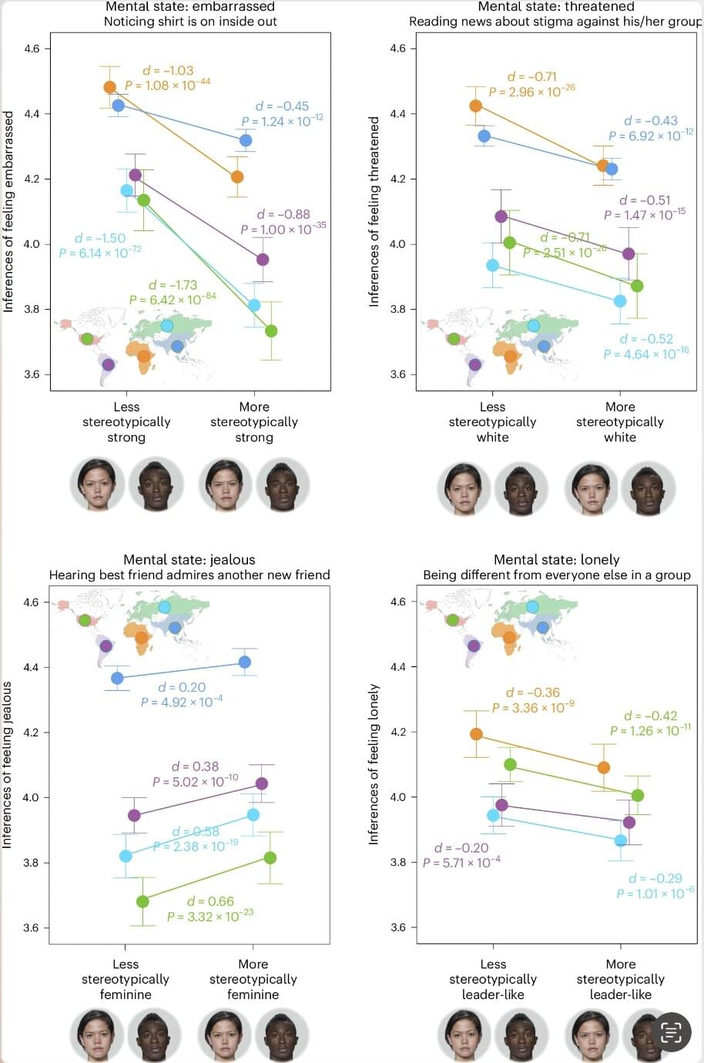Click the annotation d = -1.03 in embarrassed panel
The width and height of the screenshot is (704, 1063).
(168, 70)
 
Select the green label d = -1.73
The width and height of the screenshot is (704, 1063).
(173, 285)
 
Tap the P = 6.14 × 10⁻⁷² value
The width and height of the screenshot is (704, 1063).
(100, 252)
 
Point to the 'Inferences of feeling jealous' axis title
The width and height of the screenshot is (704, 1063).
(7, 765)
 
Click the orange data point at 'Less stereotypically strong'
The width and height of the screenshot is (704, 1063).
(110, 88)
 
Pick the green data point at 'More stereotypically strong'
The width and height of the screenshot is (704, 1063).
(271, 331)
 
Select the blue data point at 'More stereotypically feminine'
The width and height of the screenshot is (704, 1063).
(245, 662)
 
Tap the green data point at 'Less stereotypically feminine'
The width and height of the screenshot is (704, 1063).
(142, 901)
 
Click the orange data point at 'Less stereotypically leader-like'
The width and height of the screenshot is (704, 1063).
(477, 734)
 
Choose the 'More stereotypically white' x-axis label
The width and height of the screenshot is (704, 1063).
(620, 421)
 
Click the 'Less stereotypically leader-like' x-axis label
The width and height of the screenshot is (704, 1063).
(493, 979)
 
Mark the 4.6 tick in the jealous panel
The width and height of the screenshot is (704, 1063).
(31, 602)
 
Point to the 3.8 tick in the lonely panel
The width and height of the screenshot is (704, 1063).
(397, 863)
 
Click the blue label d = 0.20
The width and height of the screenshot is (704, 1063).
(182, 687)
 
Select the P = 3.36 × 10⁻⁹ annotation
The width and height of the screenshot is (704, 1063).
(533, 707)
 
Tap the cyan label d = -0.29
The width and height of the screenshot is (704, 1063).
(655, 878)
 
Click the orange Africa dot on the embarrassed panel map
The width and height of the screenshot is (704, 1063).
(144, 356)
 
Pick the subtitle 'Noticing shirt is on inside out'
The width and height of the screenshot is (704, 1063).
(190, 22)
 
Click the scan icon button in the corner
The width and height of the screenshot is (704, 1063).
(671, 1032)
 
